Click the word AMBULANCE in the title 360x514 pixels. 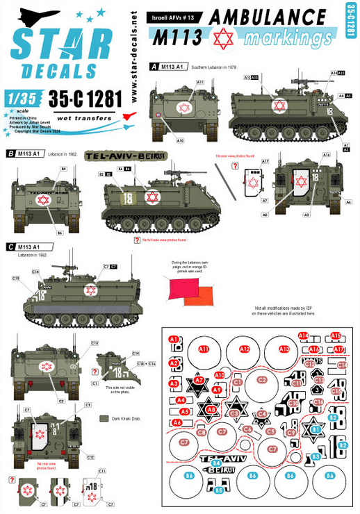coord(272,16)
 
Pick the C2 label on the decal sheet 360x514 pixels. coord(262,379)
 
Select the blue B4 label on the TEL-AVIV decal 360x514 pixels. coord(216,463)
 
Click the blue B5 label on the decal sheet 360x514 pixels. coord(218,490)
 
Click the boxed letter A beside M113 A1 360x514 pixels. coord(153,66)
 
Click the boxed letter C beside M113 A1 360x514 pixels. coord(9,247)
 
